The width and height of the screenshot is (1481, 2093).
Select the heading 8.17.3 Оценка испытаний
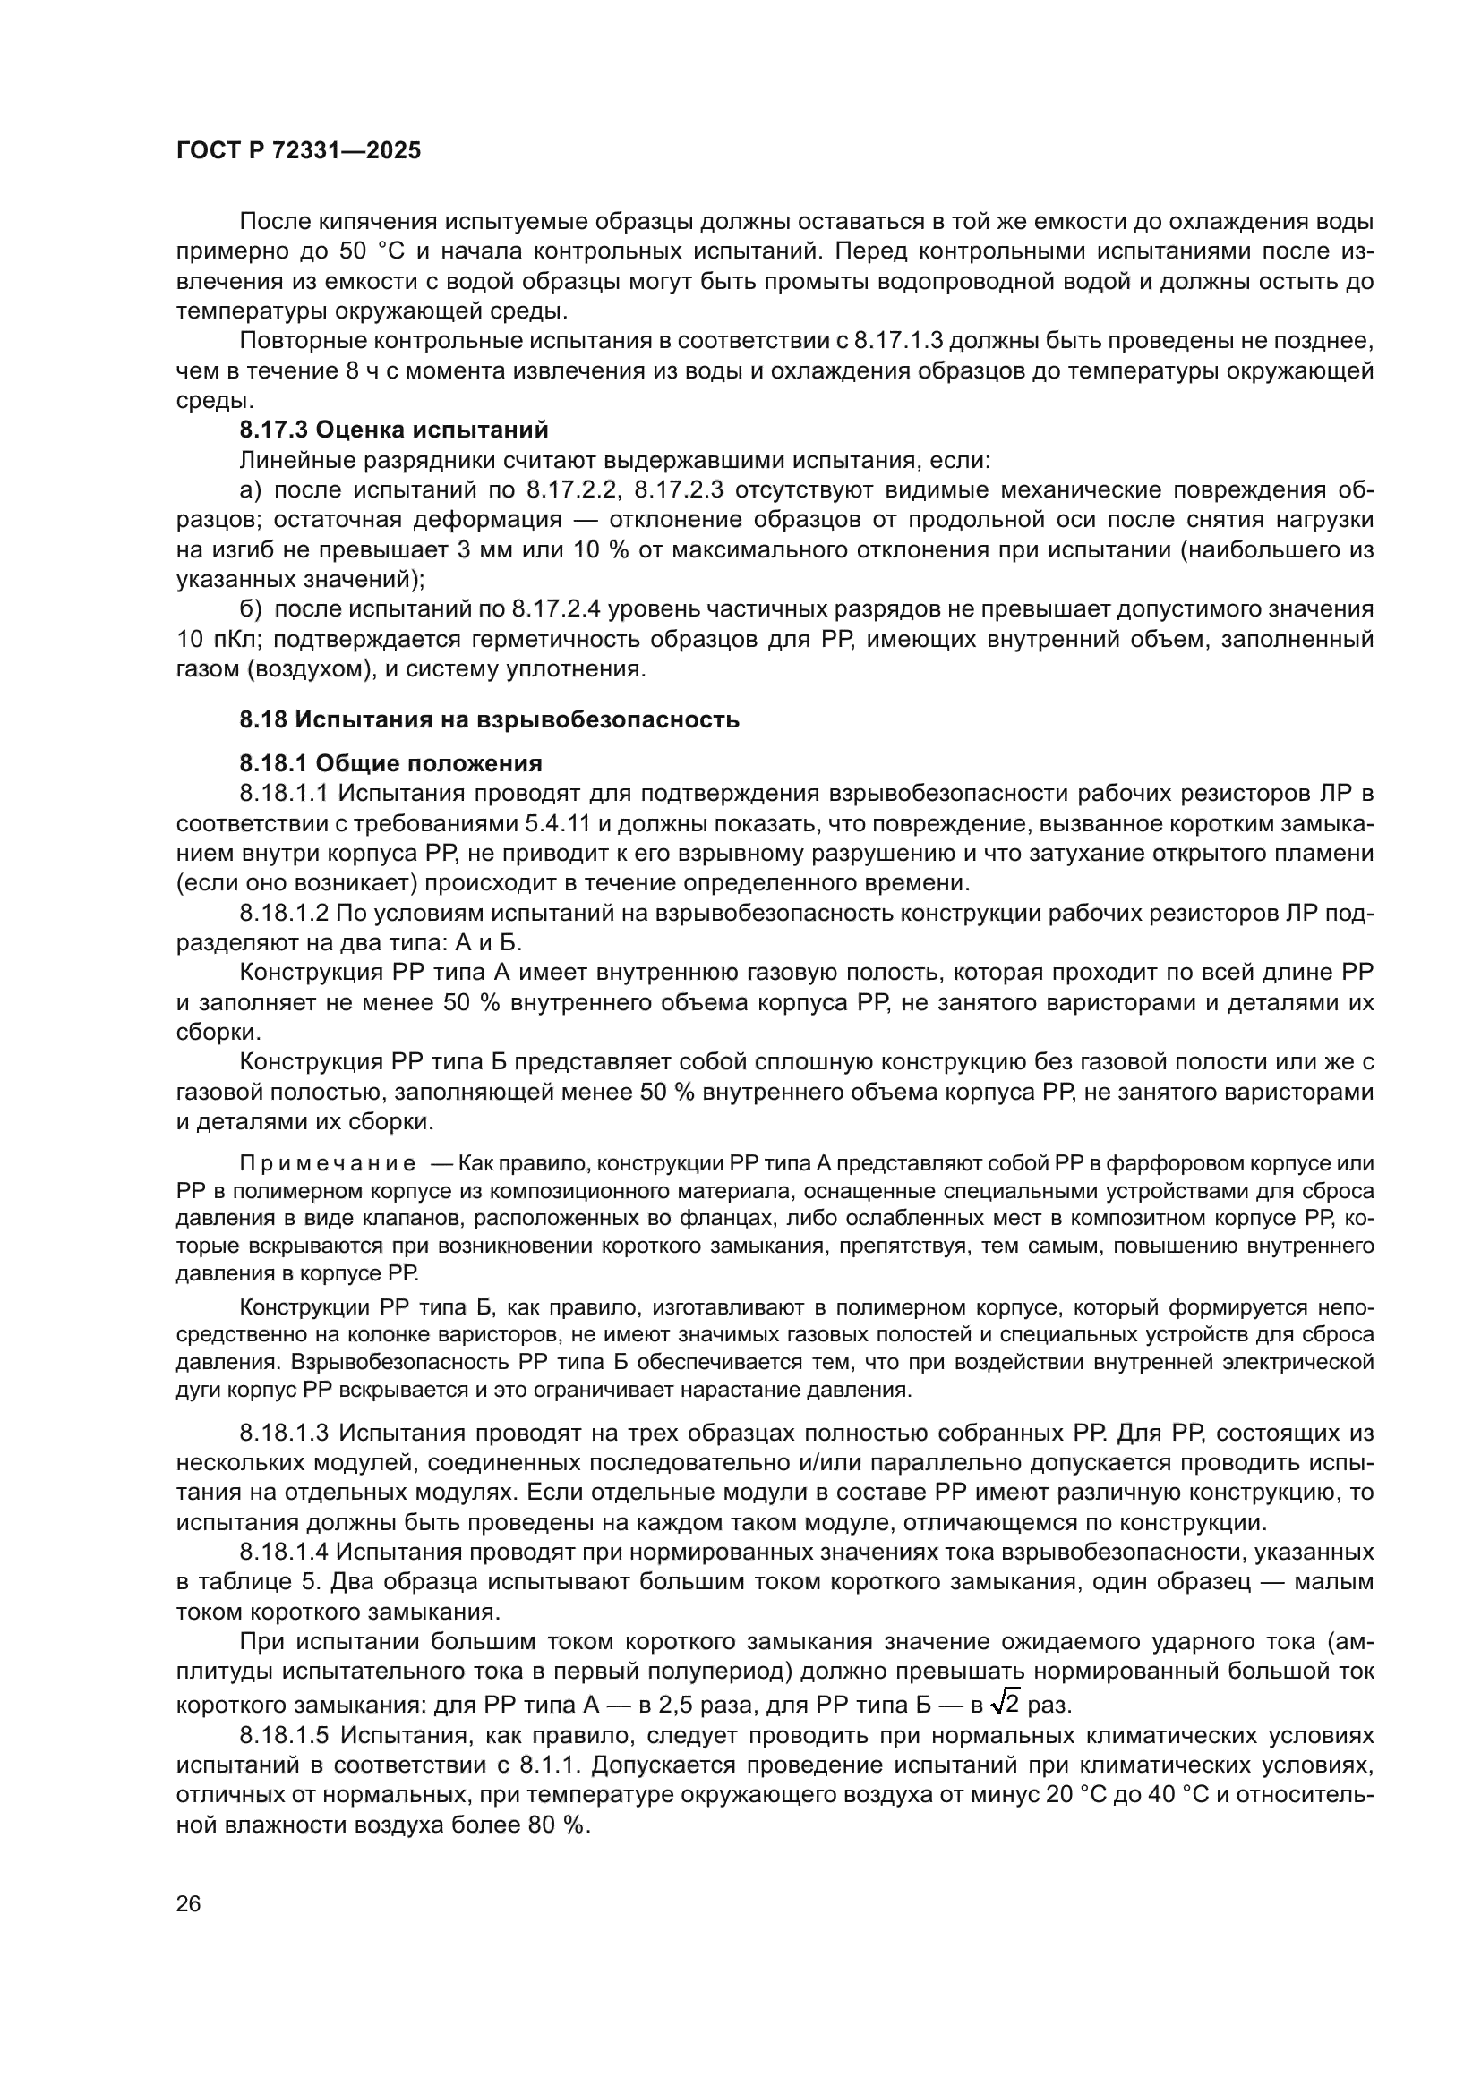click(394, 430)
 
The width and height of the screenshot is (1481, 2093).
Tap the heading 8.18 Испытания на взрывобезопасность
click(489, 720)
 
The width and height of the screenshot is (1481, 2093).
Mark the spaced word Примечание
click(328, 1164)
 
